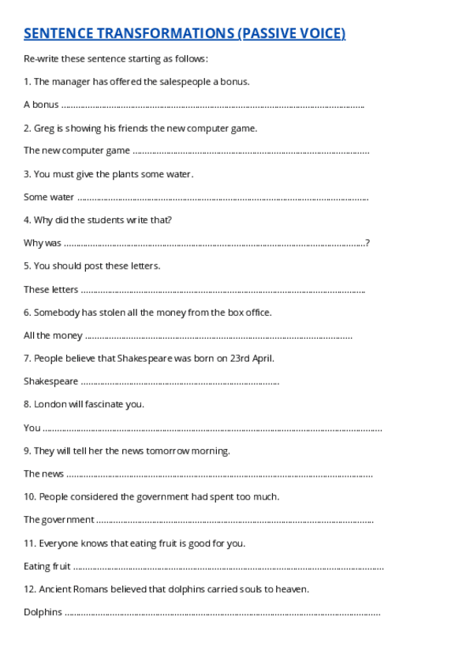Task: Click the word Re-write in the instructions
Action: pyautogui.click(x=40, y=59)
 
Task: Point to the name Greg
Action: pyautogui.click(x=43, y=128)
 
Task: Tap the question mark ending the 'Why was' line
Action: pyautogui.click(x=368, y=243)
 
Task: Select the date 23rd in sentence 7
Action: pyautogui.click(x=231, y=358)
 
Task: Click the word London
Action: pyautogui.click(x=50, y=404)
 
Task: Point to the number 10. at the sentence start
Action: pyautogui.click(x=30, y=496)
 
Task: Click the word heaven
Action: pyautogui.click(x=289, y=588)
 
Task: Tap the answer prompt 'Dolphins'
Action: pyautogui.click(x=43, y=612)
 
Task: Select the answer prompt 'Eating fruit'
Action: pyautogui.click(x=47, y=566)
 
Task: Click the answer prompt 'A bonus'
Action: pyautogui.click(x=41, y=105)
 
